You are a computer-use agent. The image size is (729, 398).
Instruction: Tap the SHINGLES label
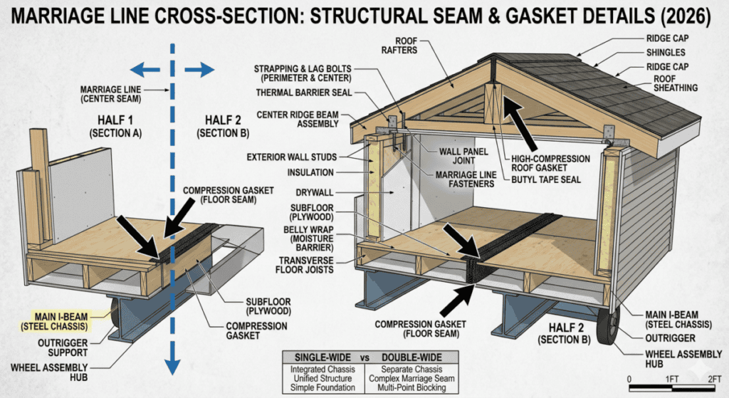pyautogui.click(x=666, y=53)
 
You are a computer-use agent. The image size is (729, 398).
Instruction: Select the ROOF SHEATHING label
pyautogui.click(x=676, y=83)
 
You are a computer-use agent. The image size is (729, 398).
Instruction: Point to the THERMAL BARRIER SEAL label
pyautogui.click(x=304, y=93)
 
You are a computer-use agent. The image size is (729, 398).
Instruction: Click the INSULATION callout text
pyautogui.click(x=310, y=172)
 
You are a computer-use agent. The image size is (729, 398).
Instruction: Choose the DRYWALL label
pyautogui.click(x=314, y=192)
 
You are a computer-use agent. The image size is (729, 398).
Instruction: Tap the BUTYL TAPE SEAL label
pyautogui.click(x=546, y=179)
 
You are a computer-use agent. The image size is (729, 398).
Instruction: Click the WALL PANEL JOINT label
pyautogui.click(x=463, y=156)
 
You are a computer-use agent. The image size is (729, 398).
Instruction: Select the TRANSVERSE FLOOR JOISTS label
pyautogui.click(x=306, y=265)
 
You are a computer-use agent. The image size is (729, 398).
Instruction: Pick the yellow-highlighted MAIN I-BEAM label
pyautogui.click(x=54, y=321)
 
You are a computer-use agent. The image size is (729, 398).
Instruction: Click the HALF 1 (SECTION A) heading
pyautogui.click(x=115, y=127)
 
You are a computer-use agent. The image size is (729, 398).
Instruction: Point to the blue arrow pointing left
pyautogui.click(x=145, y=70)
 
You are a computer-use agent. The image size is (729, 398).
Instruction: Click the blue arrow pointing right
pyautogui.click(x=199, y=70)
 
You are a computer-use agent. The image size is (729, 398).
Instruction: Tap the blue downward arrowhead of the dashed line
pyautogui.click(x=172, y=365)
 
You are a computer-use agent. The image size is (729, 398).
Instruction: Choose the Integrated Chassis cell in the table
pyautogui.click(x=322, y=370)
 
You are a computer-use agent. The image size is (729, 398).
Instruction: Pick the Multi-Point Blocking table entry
pyautogui.click(x=411, y=387)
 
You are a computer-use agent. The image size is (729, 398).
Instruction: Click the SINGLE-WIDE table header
pyautogui.click(x=322, y=357)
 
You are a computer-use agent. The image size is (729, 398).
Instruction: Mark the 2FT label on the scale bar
pyautogui.click(x=714, y=379)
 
